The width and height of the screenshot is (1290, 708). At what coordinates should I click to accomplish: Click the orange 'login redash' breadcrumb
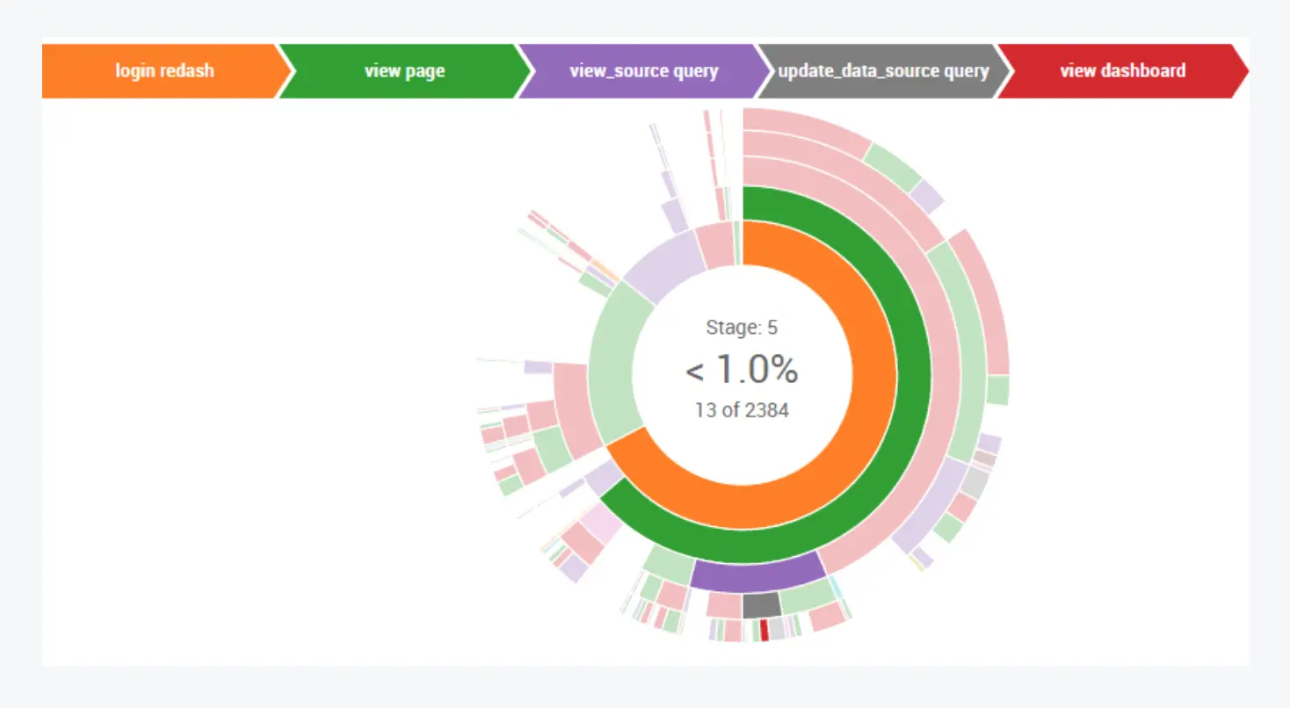coord(164,71)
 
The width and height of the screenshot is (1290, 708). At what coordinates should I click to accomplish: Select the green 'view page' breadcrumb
coord(404,71)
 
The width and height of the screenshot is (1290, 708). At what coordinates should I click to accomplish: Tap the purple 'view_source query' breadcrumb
coord(643,71)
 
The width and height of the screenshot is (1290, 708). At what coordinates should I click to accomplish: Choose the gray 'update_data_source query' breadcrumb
coord(883,71)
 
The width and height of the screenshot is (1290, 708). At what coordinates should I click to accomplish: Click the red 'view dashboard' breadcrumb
coord(1122,71)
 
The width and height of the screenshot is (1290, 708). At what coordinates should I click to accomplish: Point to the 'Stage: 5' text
coord(742,328)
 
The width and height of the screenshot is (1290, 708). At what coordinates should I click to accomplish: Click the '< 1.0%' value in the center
coord(742,370)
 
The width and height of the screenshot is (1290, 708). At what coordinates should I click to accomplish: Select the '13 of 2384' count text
coord(742,409)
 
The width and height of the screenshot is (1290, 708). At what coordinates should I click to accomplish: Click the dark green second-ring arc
coord(914,369)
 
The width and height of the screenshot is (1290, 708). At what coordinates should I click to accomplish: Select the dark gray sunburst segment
coord(761,604)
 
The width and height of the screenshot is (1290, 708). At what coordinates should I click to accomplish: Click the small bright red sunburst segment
coord(765,629)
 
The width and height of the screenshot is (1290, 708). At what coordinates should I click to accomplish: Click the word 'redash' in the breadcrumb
coord(190,71)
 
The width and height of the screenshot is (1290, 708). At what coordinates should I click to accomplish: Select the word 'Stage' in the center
coord(732,328)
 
